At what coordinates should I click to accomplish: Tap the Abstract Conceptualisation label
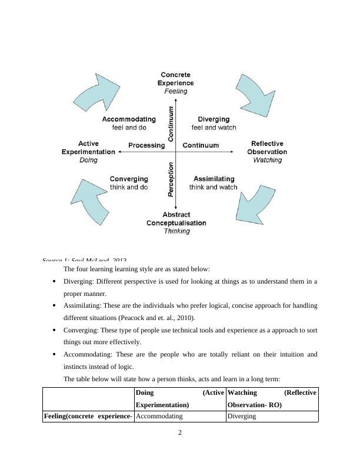click(x=176, y=219)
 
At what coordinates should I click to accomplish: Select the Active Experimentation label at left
click(x=88, y=148)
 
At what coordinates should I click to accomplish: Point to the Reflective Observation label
click(x=267, y=148)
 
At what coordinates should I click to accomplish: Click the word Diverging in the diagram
click(x=214, y=119)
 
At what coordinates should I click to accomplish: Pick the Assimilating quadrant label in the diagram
click(x=214, y=179)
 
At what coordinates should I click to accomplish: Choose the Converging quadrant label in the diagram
click(x=129, y=179)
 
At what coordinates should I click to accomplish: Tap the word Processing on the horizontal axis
click(x=146, y=145)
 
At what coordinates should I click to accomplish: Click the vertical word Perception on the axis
click(x=171, y=179)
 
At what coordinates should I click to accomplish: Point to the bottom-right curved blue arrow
click(x=254, y=204)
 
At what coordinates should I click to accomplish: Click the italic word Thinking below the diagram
click(x=176, y=231)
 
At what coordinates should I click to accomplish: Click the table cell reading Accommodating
click(x=159, y=416)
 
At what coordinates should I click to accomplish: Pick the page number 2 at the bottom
click(x=180, y=433)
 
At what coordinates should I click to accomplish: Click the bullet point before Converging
click(x=54, y=330)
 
